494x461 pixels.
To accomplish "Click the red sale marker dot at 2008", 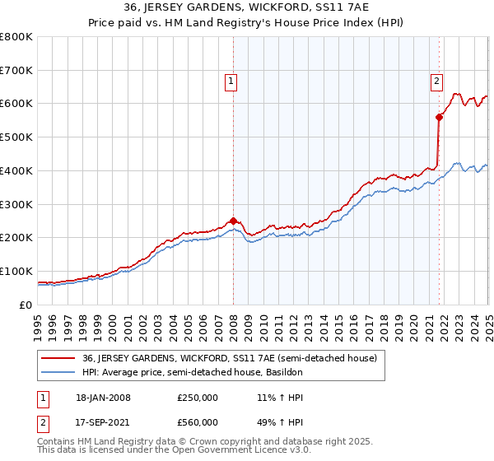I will point(233,220).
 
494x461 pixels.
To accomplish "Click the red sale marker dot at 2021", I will point(439,117).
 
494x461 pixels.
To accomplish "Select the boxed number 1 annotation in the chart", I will point(231,81).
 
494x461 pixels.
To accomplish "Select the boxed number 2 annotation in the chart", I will point(436,81).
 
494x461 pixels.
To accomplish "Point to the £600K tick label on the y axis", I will point(16,104).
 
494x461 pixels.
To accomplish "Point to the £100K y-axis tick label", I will point(16,271).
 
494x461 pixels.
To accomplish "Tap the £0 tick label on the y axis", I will point(26,305).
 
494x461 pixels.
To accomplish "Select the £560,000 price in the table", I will point(197,421).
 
